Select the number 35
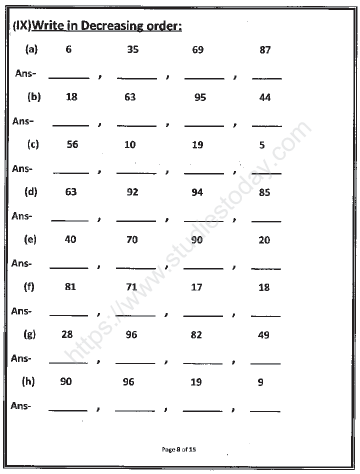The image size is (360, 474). pos(133,48)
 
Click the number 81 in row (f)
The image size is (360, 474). pos(70,287)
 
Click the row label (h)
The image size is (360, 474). pos(35,382)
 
